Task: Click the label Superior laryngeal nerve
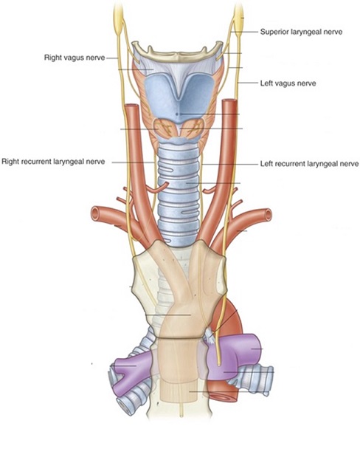(x=301, y=32)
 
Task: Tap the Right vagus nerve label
(x=75, y=58)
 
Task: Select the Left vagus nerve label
(x=288, y=83)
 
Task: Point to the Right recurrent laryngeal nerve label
(x=53, y=162)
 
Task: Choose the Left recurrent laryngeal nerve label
(x=309, y=164)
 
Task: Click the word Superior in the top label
(x=274, y=32)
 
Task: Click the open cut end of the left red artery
(x=97, y=213)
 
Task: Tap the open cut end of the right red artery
(x=268, y=214)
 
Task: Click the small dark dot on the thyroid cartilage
(x=177, y=114)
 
